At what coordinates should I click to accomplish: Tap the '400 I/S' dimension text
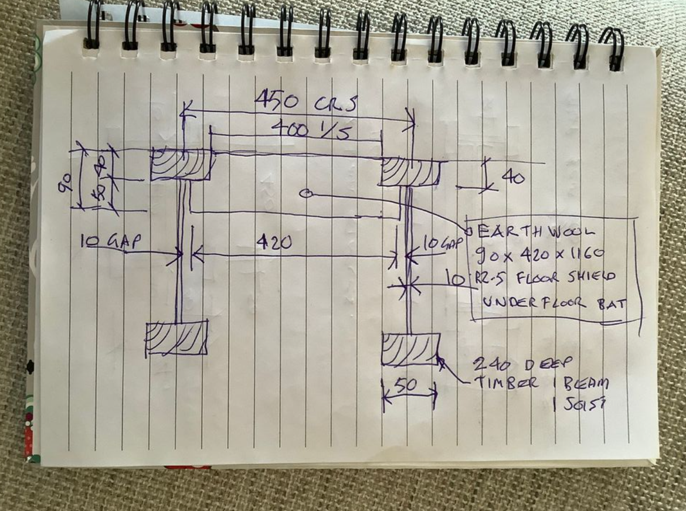click(x=310, y=130)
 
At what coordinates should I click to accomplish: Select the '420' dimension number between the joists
click(x=274, y=242)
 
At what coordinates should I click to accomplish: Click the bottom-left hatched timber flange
click(x=176, y=338)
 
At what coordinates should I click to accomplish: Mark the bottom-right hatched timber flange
click(x=410, y=349)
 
